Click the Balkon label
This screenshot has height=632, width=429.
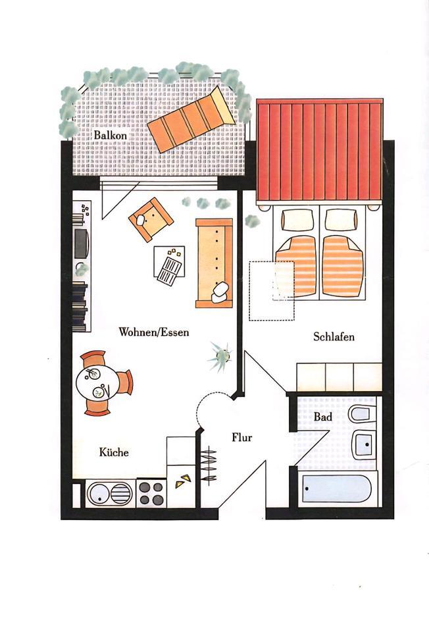pyautogui.click(x=110, y=135)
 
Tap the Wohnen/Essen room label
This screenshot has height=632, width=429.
pyautogui.click(x=153, y=332)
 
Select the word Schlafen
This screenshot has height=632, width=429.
pyautogui.click(x=334, y=337)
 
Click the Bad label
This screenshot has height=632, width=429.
pyautogui.click(x=322, y=417)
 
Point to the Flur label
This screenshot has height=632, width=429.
pyautogui.click(x=241, y=436)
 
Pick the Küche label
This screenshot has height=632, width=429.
pyautogui.click(x=114, y=452)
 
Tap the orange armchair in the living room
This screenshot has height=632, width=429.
pyautogui.click(x=151, y=219)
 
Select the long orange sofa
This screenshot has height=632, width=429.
pyautogui.click(x=214, y=263)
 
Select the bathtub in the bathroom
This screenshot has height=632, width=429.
pyautogui.click(x=336, y=490)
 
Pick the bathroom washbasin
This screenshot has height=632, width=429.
pyautogui.click(x=363, y=445)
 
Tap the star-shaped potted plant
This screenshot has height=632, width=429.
pyautogui.click(x=220, y=355)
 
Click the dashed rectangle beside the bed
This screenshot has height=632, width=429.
pyautogui.click(x=271, y=291)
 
